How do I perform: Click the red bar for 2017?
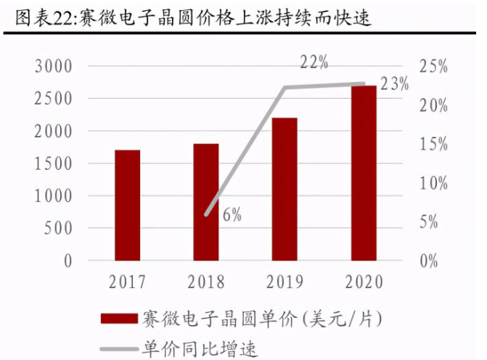[127, 205]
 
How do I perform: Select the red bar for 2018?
[206, 202]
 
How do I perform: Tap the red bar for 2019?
[285, 189]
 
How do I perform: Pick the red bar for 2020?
[364, 173]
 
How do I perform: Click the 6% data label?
[232, 214]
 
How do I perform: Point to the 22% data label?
[314, 62]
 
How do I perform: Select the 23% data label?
[395, 83]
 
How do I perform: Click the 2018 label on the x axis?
[206, 282]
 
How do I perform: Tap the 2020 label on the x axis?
[364, 282]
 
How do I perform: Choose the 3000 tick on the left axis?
[54, 67]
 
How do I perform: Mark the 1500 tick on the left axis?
[54, 163]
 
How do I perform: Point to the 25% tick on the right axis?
[434, 67]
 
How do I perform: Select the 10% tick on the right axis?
[434, 183]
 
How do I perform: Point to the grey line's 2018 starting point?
[206, 215]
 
